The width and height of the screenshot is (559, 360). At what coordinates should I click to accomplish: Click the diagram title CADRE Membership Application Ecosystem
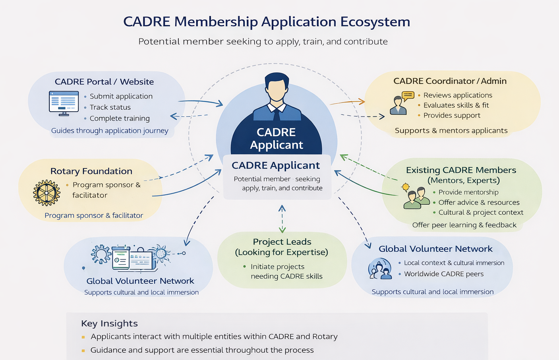[267, 22]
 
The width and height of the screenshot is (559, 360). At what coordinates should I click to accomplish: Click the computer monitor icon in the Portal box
[64, 103]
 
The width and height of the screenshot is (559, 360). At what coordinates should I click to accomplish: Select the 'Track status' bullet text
[110, 107]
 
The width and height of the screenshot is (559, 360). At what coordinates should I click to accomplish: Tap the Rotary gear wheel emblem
[46, 193]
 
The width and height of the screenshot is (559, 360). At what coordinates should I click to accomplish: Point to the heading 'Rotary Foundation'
[91, 171]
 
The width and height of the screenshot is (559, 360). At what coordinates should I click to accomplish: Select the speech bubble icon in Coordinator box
[408, 95]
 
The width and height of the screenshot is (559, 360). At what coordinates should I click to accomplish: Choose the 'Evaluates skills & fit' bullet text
[456, 105]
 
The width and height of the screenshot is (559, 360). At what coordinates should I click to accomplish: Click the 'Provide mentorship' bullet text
[468, 192]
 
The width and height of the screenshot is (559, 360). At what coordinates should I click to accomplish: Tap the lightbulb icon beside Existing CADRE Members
[405, 187]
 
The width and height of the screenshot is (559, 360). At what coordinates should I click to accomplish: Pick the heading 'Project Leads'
[282, 242]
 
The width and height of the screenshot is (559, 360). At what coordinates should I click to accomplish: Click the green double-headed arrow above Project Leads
[282, 219]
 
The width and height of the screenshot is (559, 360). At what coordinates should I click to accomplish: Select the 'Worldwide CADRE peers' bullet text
[443, 274]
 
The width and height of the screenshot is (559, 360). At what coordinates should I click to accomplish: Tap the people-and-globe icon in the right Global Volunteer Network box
[380, 269]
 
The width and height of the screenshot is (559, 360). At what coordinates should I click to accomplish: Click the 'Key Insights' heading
[109, 323]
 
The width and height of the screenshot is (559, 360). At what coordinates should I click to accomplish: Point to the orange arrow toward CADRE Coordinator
[348, 102]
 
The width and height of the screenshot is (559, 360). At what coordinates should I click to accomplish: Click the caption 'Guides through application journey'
[110, 131]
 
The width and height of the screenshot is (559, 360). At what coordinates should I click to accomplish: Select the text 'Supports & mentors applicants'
[451, 131]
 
